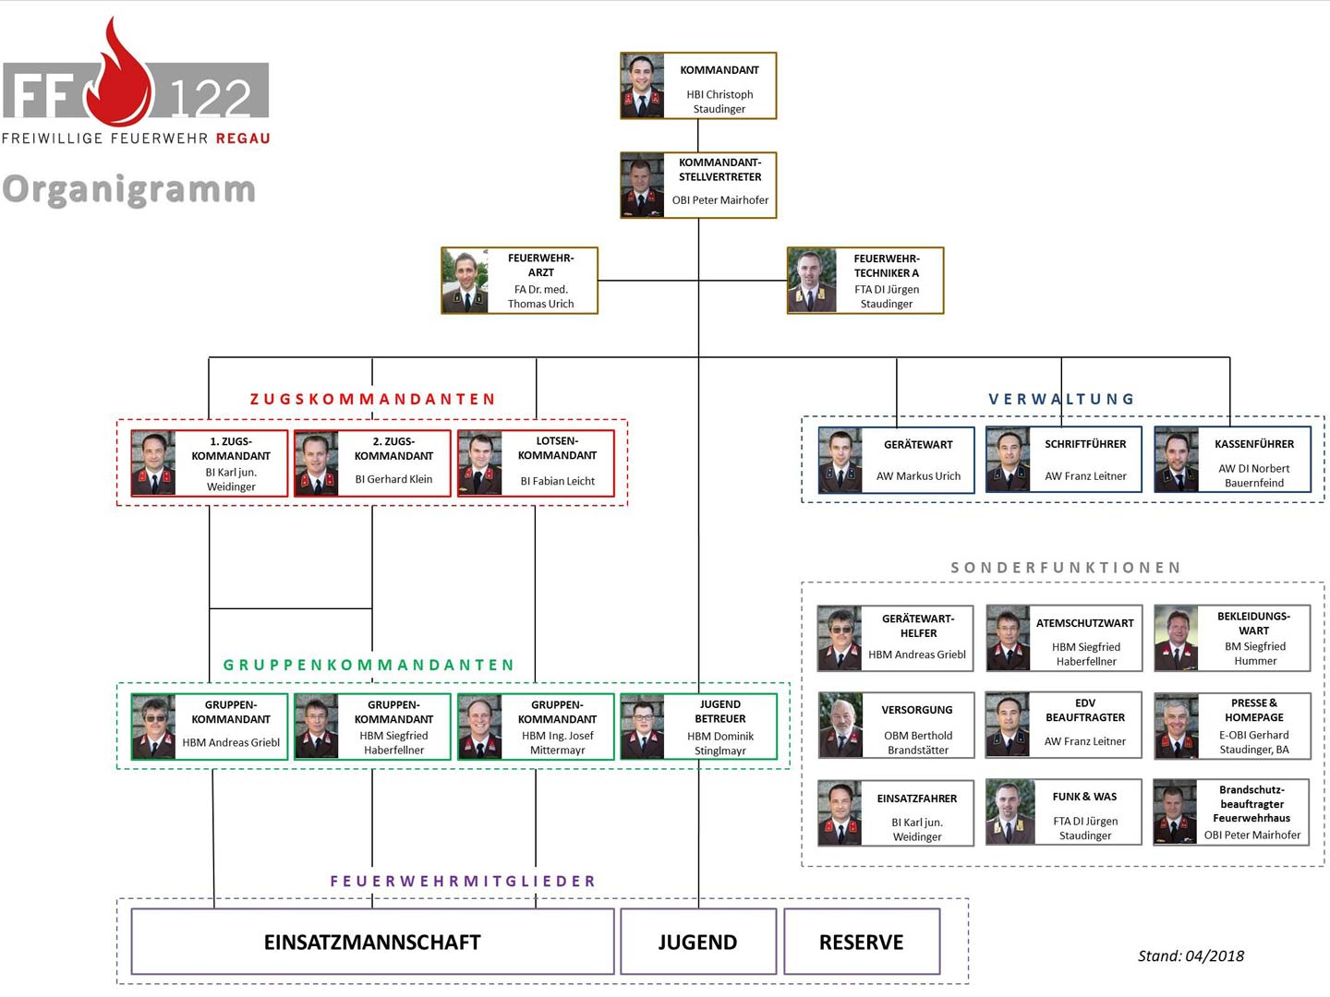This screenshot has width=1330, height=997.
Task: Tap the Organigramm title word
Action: click(x=129, y=189)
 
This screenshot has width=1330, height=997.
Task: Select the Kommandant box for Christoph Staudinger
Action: click(x=698, y=86)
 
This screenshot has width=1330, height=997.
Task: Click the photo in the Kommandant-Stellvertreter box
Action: click(x=642, y=186)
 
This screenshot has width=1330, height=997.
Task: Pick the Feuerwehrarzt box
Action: click(x=519, y=281)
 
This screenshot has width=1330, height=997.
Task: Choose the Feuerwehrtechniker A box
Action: click(x=865, y=281)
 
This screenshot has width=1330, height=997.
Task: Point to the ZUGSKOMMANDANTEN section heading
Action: click(x=373, y=399)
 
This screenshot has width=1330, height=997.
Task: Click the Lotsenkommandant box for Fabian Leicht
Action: click(x=536, y=463)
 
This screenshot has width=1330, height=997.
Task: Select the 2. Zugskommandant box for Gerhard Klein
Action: click(x=372, y=463)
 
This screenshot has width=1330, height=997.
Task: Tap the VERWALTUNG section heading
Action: click(x=1061, y=399)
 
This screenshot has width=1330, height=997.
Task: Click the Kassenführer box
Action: click(x=1232, y=459)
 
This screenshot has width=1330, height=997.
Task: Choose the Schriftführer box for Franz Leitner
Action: click(x=1063, y=459)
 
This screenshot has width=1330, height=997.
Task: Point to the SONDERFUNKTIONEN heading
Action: click(x=1066, y=568)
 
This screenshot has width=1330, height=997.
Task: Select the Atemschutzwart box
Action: click(x=1064, y=638)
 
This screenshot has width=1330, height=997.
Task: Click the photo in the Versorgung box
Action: click(x=840, y=726)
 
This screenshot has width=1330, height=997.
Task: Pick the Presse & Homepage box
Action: click(x=1232, y=726)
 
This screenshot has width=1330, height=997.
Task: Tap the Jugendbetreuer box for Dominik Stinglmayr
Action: click(x=698, y=727)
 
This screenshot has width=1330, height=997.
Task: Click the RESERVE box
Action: click(x=862, y=942)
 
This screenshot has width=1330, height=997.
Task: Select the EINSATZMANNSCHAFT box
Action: click(x=372, y=942)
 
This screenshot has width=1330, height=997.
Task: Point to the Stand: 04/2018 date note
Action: click(x=1191, y=956)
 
